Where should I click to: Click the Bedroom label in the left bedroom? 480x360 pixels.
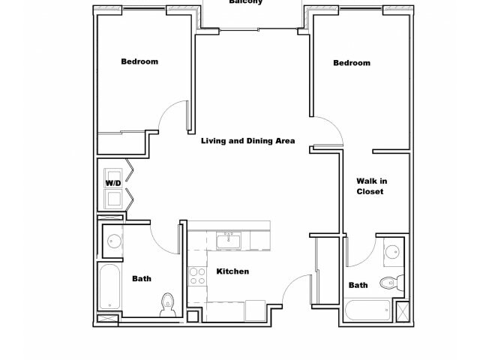[x=139, y=61]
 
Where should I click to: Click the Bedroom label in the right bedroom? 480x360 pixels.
[x=352, y=63]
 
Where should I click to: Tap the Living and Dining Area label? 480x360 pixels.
[x=247, y=140]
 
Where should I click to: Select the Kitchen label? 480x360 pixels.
[x=232, y=271]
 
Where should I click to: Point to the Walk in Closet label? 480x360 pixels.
[x=371, y=186]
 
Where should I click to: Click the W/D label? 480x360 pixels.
[x=112, y=183]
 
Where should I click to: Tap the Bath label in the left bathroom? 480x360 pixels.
[x=142, y=279]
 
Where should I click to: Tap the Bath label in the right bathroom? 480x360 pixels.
[x=358, y=285]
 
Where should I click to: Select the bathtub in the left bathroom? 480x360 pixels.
[x=109, y=286]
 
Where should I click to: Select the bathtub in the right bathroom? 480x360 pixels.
[x=367, y=310]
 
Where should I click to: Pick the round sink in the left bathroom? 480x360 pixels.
[x=114, y=241]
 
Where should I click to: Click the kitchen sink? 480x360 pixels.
[x=228, y=240]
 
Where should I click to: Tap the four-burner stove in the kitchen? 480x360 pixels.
[x=197, y=277]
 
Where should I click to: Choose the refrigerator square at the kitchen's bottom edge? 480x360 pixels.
[x=255, y=310]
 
